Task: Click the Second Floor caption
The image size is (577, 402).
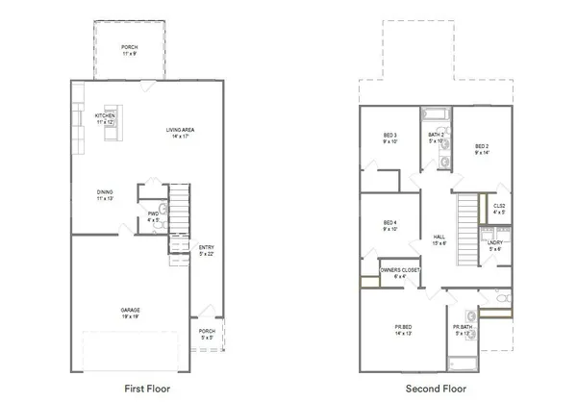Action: coord(434,389)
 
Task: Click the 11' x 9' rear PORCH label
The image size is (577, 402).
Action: coord(129,49)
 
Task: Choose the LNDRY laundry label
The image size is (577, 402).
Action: coord(495,246)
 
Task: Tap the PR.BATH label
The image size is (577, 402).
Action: coord(464,331)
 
